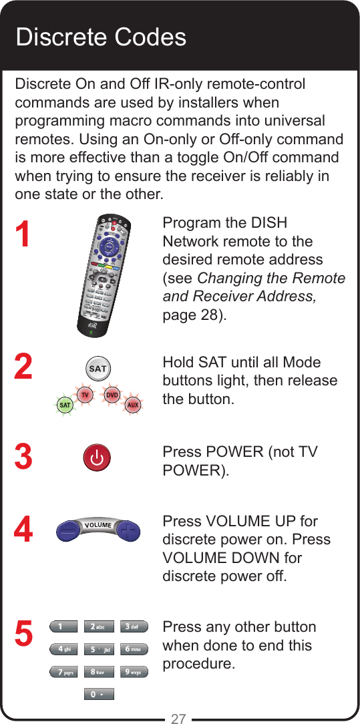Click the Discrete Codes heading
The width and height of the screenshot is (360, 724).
tap(101, 37)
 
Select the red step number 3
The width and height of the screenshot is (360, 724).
tap(23, 458)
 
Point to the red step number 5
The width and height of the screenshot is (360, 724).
tap(23, 634)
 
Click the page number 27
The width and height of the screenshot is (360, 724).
tap(178, 719)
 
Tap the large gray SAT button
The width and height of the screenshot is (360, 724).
tap(98, 369)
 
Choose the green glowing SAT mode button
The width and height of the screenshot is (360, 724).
tap(65, 405)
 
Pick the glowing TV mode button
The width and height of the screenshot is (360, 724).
tap(85, 395)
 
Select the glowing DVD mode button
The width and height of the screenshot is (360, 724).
tap(112, 395)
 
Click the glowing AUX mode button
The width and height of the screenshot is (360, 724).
tap(133, 405)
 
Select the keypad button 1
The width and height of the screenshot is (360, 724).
tap(63, 626)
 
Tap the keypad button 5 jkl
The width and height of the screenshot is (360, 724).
tap(98, 649)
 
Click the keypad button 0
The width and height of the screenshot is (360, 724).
tap(98, 695)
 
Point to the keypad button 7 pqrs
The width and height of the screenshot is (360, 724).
tap(63, 672)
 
